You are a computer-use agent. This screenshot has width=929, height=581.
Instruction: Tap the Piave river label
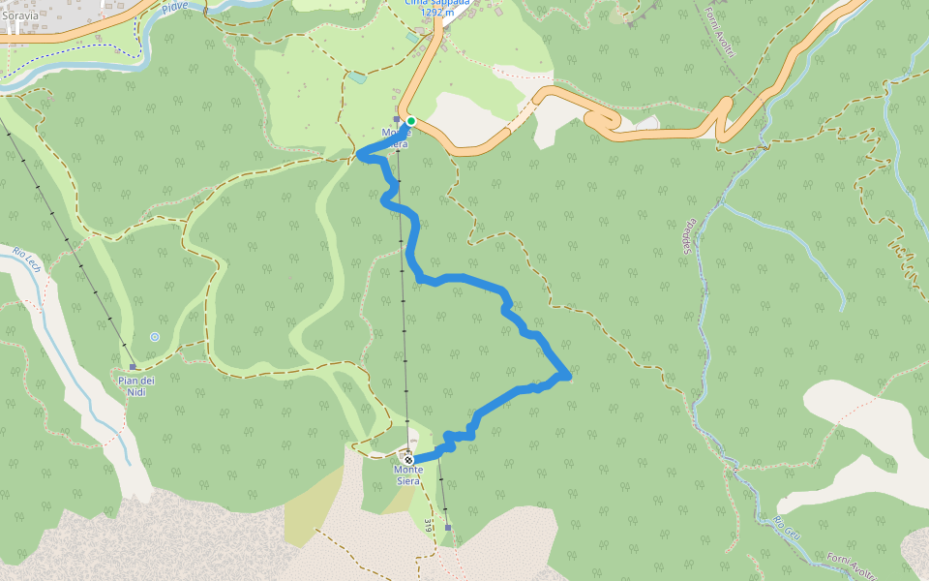coord(175,7)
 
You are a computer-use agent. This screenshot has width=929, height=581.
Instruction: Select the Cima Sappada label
coord(438,3)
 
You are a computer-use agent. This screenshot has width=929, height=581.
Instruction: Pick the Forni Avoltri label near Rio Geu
coord(852,566)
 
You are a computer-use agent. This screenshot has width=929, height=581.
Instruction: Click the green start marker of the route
coord(410,121)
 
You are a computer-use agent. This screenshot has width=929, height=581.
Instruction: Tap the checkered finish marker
coord(409,460)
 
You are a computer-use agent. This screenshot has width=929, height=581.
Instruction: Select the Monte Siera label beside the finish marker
coord(407,474)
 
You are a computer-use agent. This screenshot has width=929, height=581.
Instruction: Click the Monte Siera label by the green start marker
coord(396,138)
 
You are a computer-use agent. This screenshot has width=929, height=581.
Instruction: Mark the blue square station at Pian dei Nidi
coord(133,367)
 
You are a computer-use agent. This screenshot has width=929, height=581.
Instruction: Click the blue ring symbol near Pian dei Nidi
coord(155,336)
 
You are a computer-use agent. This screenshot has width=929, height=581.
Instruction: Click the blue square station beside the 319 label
coord(448,528)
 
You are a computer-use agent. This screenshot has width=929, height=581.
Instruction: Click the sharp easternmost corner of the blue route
coord(568,374)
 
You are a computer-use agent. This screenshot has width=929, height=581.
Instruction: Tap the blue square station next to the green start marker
coord(397,120)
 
